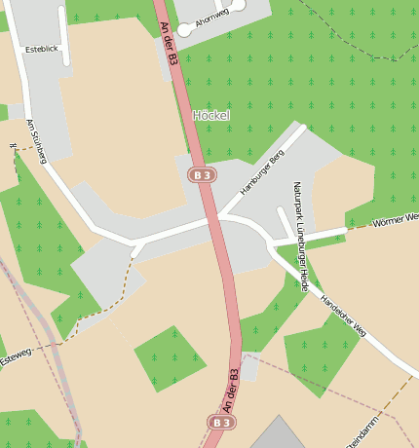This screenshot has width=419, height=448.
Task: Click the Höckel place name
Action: (211, 115)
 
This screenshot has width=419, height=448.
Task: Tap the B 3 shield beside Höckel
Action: (202, 174)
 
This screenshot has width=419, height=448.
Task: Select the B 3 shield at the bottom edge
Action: (221, 422)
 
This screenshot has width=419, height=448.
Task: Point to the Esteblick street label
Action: (42, 49)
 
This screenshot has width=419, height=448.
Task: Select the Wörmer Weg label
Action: (395, 220)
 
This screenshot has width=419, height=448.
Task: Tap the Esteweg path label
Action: (17, 358)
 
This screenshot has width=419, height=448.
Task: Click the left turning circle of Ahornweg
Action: (182, 30)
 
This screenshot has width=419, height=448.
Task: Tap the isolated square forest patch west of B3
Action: (171, 357)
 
